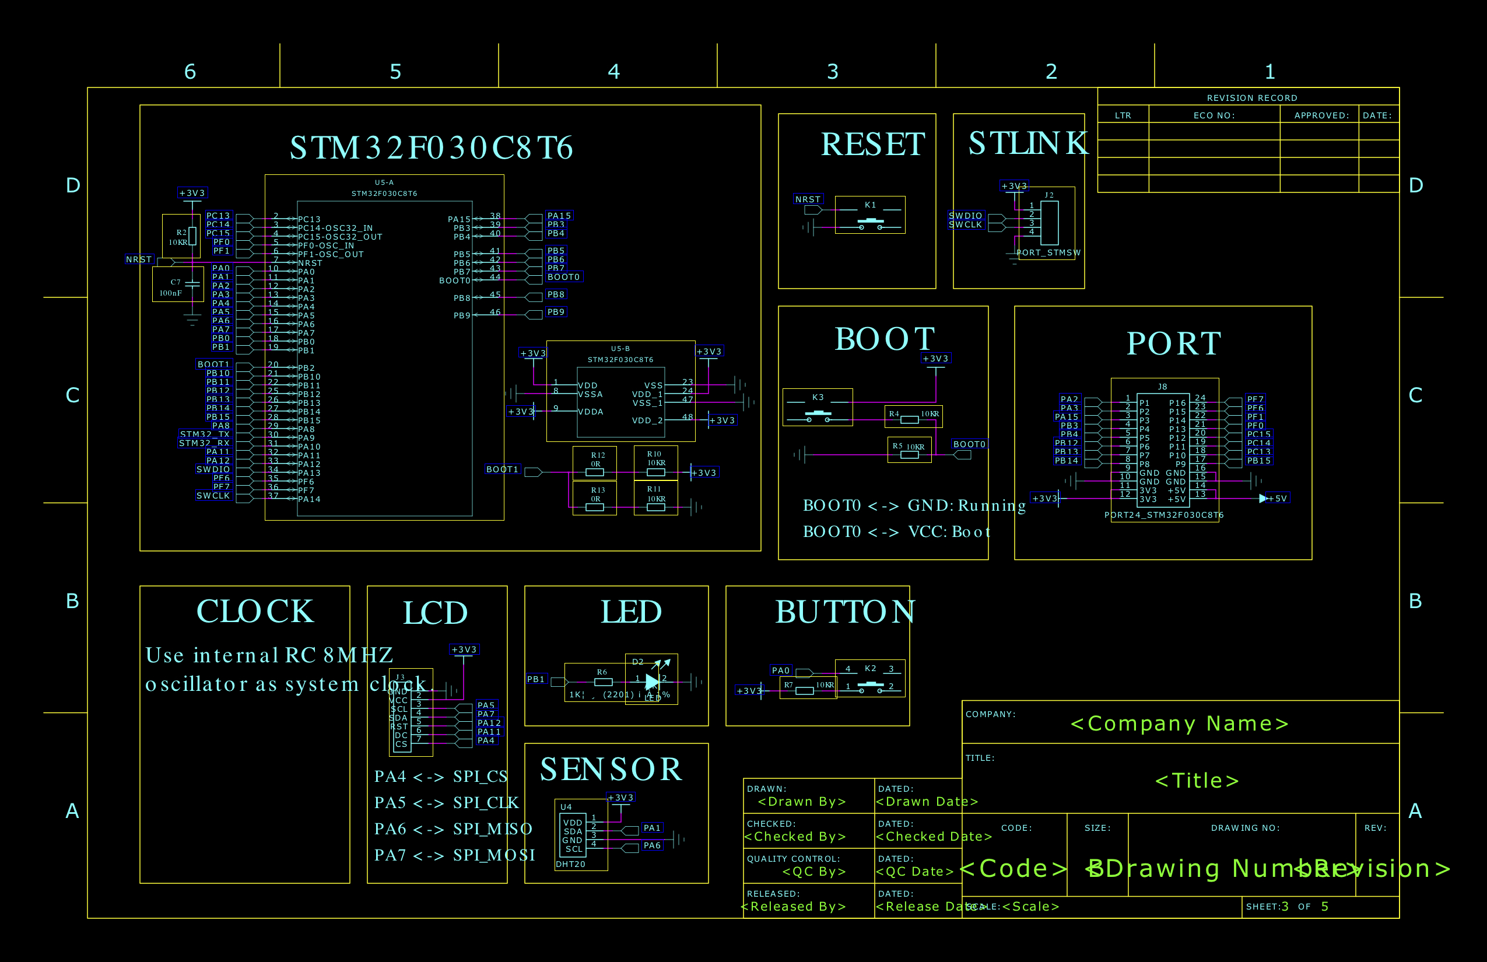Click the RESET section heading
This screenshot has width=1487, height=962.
pos(872,145)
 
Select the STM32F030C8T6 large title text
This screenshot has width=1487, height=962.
pos(431,148)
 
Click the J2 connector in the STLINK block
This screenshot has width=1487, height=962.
pos(1050,222)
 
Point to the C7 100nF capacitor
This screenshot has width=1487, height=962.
pos(192,285)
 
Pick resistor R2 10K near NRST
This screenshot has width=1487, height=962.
pos(192,236)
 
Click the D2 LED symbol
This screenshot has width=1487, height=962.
pos(652,681)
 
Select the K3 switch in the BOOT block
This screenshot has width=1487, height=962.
pos(817,413)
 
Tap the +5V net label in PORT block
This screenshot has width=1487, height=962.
pos(1277,498)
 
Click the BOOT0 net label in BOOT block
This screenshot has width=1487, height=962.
pos(969,444)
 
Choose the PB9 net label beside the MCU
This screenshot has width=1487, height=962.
pos(555,312)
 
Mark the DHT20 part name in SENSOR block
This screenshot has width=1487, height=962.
pos(570,864)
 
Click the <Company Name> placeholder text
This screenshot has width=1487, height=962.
pos(1179,724)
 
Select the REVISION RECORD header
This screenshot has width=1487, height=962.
pos(1251,98)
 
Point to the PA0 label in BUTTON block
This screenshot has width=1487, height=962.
pos(781,670)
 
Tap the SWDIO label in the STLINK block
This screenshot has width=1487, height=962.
pos(965,216)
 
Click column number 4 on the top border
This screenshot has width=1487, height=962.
pos(613,71)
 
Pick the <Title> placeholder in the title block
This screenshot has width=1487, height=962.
pos(1197,781)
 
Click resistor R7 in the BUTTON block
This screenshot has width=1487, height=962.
pos(805,690)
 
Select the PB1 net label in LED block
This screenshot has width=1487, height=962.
pos(536,679)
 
